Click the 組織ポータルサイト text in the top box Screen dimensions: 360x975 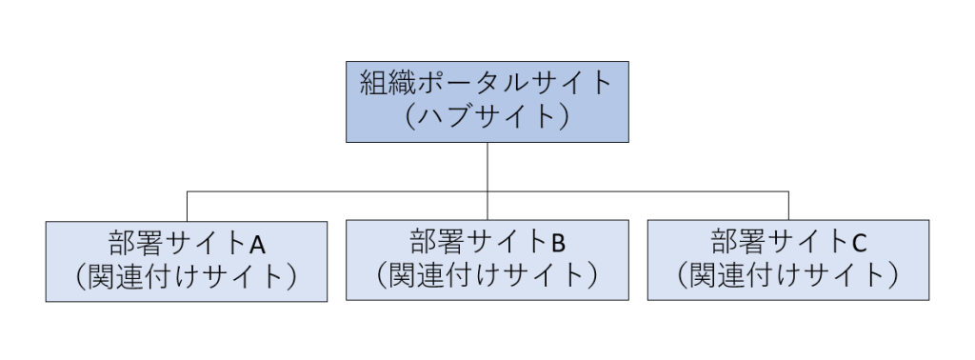[x=487, y=83]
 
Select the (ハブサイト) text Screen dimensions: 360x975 [x=487, y=117]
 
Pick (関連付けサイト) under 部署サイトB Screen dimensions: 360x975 [x=487, y=275]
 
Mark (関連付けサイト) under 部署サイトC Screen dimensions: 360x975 [x=787, y=275]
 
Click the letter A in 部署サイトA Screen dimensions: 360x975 [x=257, y=244]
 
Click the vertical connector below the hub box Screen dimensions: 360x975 [x=487, y=167]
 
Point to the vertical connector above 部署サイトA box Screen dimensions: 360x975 [x=187, y=206]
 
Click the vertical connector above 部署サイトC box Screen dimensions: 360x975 [x=788, y=206]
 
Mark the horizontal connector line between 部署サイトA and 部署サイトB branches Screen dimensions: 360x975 [x=337, y=191]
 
